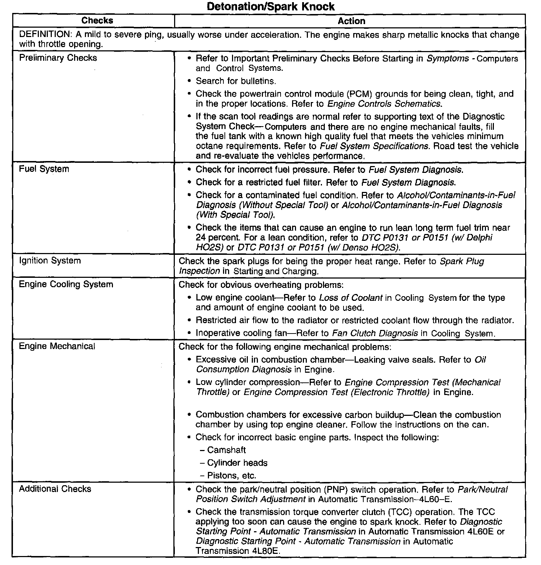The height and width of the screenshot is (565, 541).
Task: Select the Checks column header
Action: point(97,20)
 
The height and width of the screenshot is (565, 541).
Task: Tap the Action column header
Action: point(351,21)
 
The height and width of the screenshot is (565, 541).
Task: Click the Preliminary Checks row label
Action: point(58,58)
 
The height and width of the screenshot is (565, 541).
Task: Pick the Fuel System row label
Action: point(44,169)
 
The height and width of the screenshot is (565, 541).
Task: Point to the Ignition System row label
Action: point(50,261)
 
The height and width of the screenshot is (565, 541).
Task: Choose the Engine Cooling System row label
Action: point(66,284)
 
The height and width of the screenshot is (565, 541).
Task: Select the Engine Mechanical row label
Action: point(57,346)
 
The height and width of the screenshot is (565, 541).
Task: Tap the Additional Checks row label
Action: point(55,489)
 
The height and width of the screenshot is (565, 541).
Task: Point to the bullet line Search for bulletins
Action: point(236,81)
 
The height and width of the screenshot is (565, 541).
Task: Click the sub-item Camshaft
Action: point(226,450)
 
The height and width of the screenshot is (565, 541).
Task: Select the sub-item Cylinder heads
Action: point(237,463)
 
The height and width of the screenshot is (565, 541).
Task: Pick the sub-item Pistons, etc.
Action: point(232,476)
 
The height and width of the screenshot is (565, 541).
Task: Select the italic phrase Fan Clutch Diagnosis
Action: point(375,333)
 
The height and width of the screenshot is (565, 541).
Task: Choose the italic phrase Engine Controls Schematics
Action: point(384,104)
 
